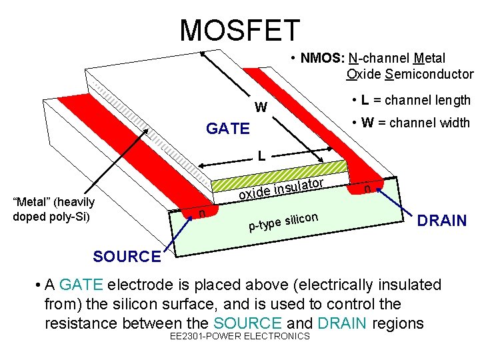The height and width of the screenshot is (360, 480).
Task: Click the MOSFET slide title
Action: click(240, 30)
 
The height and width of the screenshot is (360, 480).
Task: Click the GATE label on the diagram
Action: click(228, 128)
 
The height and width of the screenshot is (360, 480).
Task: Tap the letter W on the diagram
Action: click(261, 107)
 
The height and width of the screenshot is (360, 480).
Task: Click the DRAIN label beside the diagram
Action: click(441, 221)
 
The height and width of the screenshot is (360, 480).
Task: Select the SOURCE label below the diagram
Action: click(127, 256)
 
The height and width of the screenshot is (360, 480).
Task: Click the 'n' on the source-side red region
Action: click(202, 213)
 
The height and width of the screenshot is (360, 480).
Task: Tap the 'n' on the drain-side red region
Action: click(367, 189)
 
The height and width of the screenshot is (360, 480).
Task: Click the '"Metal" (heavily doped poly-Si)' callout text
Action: click(53, 209)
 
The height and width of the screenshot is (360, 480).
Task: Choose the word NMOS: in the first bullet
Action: click(322, 59)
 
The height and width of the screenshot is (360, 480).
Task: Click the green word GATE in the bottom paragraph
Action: click(81, 285)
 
